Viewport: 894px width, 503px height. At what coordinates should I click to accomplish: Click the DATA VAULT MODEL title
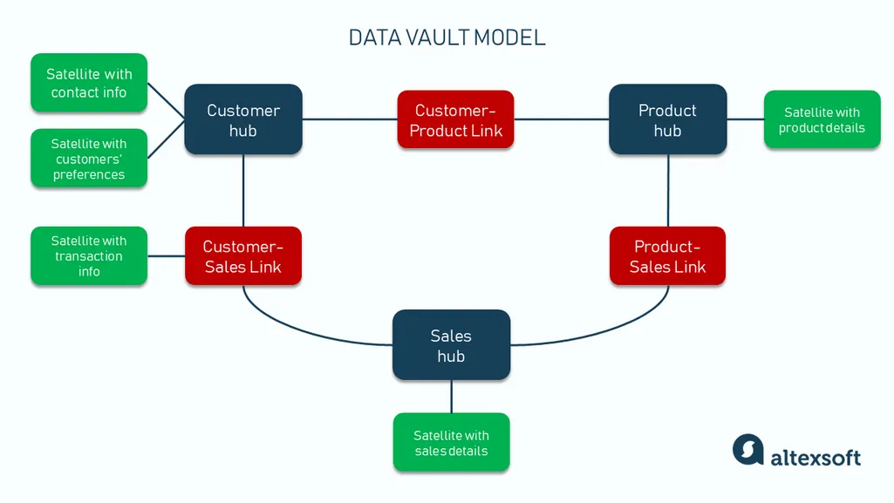pos(447,37)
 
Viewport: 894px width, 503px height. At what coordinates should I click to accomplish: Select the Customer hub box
pos(243,119)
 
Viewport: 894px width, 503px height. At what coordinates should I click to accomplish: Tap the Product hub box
pos(667,119)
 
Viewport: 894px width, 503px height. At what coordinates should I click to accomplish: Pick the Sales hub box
pos(451,345)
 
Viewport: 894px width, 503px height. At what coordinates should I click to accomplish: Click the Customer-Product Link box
pos(455,119)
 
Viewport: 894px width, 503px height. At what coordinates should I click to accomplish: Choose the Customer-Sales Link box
pos(243,256)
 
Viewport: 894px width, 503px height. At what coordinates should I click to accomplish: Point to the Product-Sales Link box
pos(667,256)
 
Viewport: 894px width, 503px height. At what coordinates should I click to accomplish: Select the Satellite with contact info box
pos(89,83)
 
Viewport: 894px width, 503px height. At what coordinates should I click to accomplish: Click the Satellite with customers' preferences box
pos(89,159)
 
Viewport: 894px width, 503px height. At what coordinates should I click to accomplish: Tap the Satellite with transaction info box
pos(89,256)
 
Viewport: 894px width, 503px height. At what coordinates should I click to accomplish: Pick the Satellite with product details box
pos(822,119)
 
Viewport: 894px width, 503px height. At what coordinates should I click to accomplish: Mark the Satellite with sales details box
pos(451,443)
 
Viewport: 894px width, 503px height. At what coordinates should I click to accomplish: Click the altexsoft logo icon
pos(748,450)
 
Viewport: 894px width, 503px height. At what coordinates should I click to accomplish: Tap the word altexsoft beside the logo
pos(816,457)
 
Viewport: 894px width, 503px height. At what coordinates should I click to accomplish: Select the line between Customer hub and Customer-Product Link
pos(349,119)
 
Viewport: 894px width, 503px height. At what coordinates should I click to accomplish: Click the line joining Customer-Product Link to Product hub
pos(561,119)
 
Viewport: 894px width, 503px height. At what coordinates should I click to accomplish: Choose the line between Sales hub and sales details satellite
pos(451,397)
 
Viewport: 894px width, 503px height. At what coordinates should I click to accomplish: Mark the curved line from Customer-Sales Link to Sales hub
pos(297,328)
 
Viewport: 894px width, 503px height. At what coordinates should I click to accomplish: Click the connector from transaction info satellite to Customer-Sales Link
pos(166,256)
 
